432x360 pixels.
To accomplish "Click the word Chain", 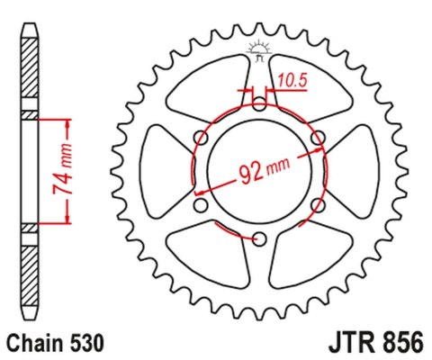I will click(x=33, y=343).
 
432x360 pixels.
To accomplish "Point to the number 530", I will click(x=89, y=343).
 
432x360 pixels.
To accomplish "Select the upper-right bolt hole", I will click(x=317, y=136).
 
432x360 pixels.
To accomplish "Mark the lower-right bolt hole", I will click(x=317, y=204).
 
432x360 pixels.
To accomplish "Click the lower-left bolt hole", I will click(x=200, y=204).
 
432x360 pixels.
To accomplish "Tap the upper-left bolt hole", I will click(x=200, y=136).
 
